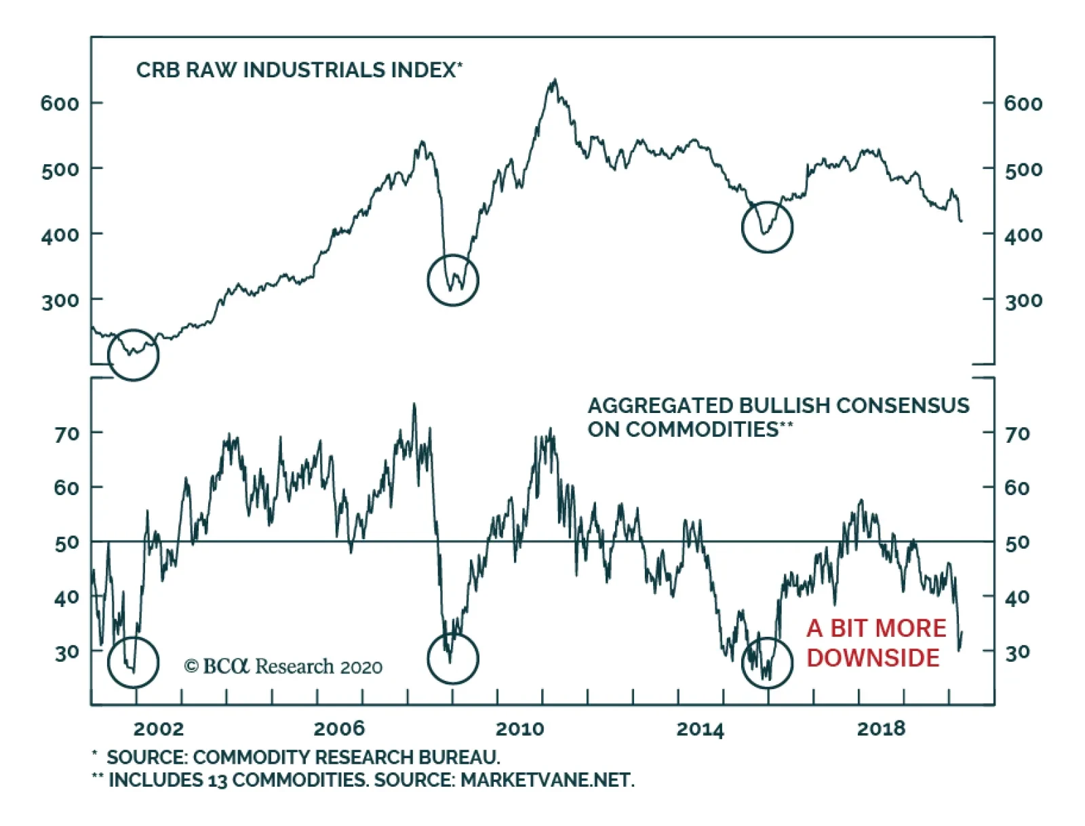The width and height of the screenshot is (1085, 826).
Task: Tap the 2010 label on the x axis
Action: coord(519,729)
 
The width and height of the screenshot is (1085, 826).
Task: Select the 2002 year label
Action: coord(158,729)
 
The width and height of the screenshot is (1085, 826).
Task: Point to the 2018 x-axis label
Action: coord(881,729)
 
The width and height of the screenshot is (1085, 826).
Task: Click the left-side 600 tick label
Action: coord(60,104)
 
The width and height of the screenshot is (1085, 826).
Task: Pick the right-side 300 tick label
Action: coord(1023,300)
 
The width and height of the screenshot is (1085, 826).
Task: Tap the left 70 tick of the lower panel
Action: coord(66,433)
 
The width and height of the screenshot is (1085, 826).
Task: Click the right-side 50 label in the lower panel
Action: coord(1017,543)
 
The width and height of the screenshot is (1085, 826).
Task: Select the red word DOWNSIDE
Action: coord(873,658)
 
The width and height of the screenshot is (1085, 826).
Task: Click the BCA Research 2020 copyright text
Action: coord(283,667)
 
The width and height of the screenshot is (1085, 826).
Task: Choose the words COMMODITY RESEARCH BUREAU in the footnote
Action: coord(346,757)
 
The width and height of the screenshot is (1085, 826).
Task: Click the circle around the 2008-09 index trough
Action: coord(453,280)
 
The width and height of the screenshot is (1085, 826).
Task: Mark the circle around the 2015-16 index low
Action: coord(767,227)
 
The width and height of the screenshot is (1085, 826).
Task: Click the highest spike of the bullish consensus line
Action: coord(414,405)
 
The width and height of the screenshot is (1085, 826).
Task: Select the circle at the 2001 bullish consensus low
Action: coord(134,661)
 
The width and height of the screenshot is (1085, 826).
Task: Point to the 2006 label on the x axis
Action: coord(339,729)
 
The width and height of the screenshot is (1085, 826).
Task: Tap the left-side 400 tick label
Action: coord(60,235)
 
